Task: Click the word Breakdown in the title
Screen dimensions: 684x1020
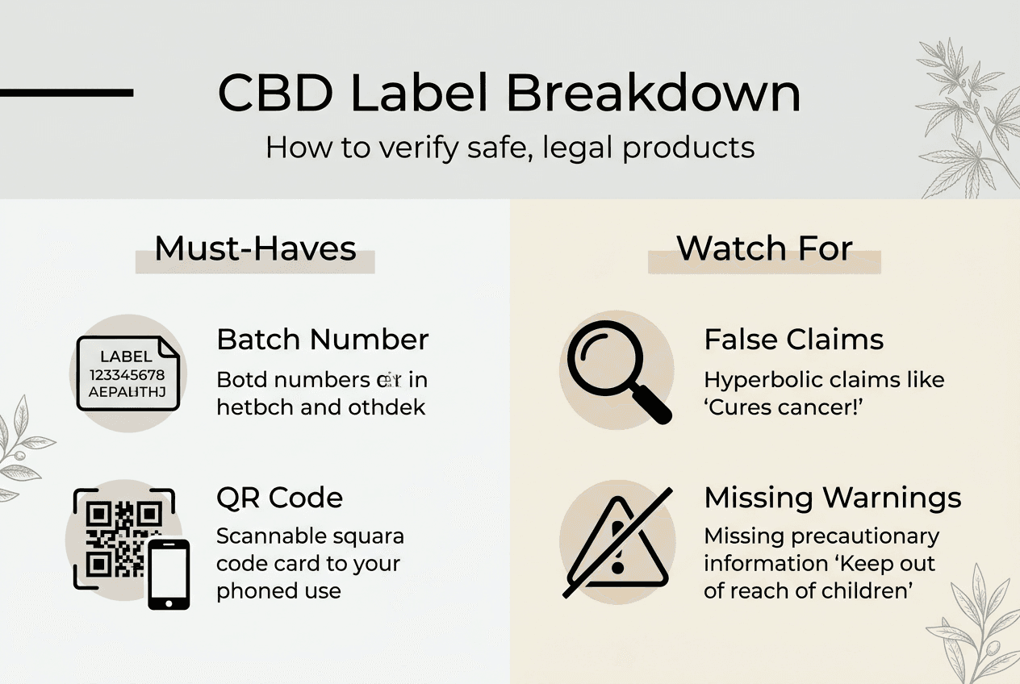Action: [x=654, y=94]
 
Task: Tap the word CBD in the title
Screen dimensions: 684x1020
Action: [x=275, y=94]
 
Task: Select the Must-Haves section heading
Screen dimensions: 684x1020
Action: [x=255, y=248]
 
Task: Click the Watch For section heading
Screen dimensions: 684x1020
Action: [x=764, y=248]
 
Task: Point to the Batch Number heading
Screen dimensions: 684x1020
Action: [x=322, y=340]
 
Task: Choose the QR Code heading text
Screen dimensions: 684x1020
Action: [x=279, y=498]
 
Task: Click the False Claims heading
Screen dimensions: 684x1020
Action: [x=793, y=340]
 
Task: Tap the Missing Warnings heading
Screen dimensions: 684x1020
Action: [x=832, y=498]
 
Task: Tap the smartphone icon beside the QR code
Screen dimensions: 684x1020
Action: [x=169, y=573]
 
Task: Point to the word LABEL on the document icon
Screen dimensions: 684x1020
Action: [x=126, y=357]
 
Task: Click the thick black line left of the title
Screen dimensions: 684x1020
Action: [x=66, y=93]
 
